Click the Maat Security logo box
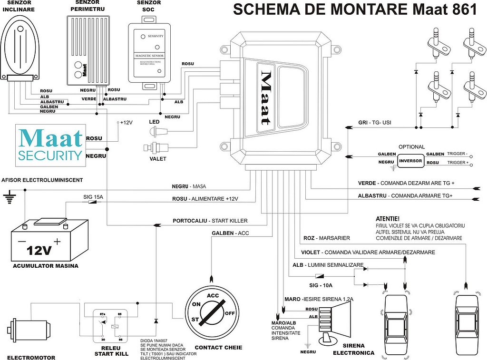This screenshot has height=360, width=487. point(50,146)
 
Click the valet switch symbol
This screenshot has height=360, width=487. point(156,148)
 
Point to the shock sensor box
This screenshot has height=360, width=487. point(149,53)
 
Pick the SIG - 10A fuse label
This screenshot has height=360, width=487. point(321,285)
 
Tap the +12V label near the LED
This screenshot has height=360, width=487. point(126,123)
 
